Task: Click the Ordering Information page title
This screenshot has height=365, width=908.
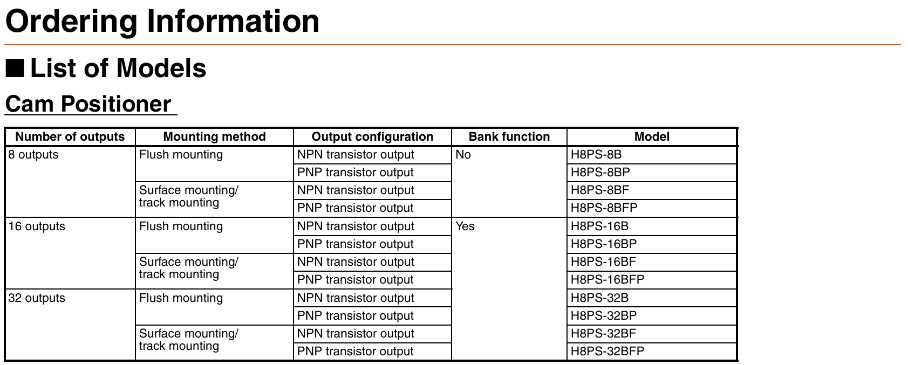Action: pyautogui.click(x=162, y=22)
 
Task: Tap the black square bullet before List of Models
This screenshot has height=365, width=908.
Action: pyautogui.click(x=15, y=68)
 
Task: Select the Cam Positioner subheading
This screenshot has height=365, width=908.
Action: pyautogui.click(x=88, y=104)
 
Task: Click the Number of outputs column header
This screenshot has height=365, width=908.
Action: pyautogui.click(x=70, y=136)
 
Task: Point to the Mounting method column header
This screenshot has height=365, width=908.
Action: pyautogui.click(x=214, y=136)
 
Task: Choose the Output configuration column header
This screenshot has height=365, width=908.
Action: pyautogui.click(x=372, y=136)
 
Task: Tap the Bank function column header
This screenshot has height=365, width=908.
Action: pyautogui.click(x=509, y=136)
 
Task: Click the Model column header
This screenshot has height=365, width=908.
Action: pyautogui.click(x=652, y=136)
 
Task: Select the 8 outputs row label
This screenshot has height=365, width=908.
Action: pyautogui.click(x=33, y=154)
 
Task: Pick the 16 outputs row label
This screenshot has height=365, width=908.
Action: pyautogui.click(x=37, y=226)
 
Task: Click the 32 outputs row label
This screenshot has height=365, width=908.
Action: pyautogui.click(x=37, y=298)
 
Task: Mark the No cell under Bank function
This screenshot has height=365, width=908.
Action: pyautogui.click(x=463, y=154)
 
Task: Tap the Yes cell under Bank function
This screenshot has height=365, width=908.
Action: pyautogui.click(x=465, y=226)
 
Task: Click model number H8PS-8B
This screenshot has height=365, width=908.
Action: pyautogui.click(x=596, y=154)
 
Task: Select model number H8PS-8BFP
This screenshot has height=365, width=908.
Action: pyautogui.click(x=604, y=208)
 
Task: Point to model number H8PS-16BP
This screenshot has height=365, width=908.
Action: pyautogui.click(x=604, y=244)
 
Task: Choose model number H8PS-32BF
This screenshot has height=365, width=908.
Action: pyautogui.click(x=604, y=333)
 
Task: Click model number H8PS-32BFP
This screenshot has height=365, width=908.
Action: pyautogui.click(x=607, y=351)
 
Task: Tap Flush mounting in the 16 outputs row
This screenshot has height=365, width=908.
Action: pyautogui.click(x=181, y=226)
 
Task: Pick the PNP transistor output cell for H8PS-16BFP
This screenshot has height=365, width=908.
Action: pyautogui.click(x=356, y=279)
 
